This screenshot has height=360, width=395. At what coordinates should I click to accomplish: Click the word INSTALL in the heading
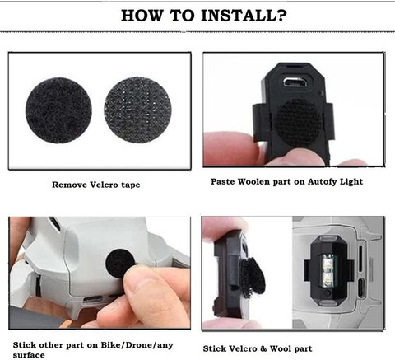pyautogui.click(x=239, y=16)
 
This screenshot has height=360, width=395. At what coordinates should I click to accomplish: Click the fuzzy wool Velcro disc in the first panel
pyautogui.click(x=58, y=110)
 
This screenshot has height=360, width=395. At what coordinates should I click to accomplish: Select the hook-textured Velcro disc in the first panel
pyautogui.click(x=137, y=110)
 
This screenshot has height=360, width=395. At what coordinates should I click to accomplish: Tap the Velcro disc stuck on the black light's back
pyautogui.click(x=298, y=123)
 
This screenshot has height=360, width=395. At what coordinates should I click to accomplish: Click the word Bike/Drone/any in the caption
pyautogui.click(x=137, y=345)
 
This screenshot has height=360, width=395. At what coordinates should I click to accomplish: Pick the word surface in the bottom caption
pyautogui.click(x=29, y=355)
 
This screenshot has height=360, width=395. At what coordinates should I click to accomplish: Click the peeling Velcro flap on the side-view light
pyautogui.click(x=253, y=278)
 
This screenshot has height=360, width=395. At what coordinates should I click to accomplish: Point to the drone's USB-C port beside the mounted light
pyautogui.click(x=361, y=288)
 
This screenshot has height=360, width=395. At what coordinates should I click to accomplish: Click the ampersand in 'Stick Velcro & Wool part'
pyautogui.click(x=263, y=348)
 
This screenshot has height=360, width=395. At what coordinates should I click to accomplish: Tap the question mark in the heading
pyautogui.click(x=282, y=16)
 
